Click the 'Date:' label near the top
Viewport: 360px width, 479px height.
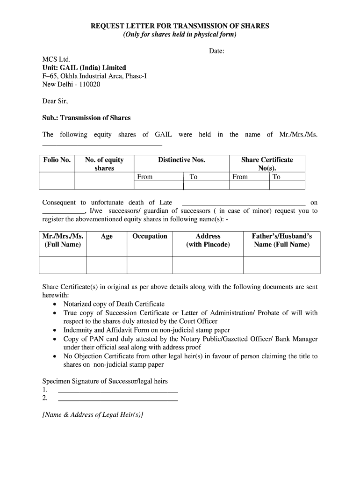click(217, 51)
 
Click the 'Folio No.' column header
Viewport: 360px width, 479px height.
click(57, 160)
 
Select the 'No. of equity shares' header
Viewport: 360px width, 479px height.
click(104, 164)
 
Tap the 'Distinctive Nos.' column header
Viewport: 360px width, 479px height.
click(181, 160)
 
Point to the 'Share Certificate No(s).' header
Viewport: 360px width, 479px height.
click(267, 164)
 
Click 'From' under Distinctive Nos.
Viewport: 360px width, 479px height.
click(145, 177)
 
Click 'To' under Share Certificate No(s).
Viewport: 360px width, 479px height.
click(276, 177)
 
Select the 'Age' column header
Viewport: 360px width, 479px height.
click(107, 236)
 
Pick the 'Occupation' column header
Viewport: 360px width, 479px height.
click(150, 236)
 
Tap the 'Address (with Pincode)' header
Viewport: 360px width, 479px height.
click(208, 240)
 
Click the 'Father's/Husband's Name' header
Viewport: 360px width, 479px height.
click(281, 240)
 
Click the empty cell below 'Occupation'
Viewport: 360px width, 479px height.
click(150, 265)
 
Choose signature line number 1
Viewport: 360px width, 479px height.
click(117, 389)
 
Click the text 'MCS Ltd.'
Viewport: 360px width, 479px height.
click(56, 59)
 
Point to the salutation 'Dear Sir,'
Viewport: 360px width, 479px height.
click(55, 101)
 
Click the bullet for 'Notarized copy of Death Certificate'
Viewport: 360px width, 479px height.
click(55, 305)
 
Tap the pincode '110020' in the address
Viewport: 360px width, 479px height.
click(90, 85)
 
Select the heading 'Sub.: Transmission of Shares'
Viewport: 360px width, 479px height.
click(86, 118)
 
